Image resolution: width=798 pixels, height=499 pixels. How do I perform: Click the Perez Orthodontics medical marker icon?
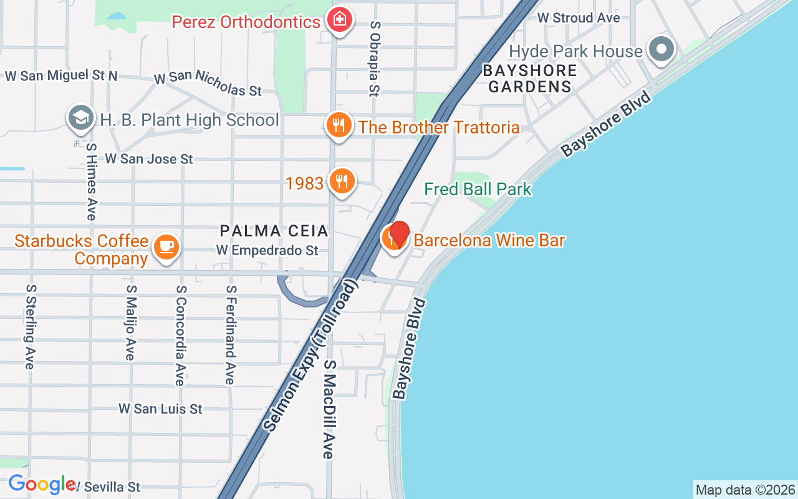[x=339, y=20]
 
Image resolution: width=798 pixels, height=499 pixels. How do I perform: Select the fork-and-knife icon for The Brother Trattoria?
[x=339, y=126]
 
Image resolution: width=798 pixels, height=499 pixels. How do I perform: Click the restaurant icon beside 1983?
[x=341, y=182]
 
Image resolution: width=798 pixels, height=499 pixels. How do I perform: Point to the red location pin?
[x=399, y=235]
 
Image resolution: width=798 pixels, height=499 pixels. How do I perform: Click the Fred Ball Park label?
[x=478, y=189]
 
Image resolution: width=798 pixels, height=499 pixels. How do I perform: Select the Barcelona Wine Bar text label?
[x=489, y=240]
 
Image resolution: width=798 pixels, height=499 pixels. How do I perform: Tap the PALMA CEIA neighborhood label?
[x=274, y=231]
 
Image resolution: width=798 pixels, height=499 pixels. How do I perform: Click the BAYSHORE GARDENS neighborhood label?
[x=530, y=79]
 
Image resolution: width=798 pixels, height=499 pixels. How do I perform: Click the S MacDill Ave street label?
[x=330, y=409]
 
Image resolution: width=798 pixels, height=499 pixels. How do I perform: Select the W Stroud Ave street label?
[x=579, y=17]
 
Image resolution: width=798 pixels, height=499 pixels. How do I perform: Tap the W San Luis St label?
[x=161, y=409]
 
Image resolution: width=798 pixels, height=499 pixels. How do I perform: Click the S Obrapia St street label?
[x=375, y=59]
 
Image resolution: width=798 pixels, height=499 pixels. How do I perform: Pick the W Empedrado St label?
[x=267, y=250]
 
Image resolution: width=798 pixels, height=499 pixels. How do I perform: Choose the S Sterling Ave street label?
[x=29, y=327]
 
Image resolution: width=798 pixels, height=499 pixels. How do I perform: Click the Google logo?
[x=41, y=484]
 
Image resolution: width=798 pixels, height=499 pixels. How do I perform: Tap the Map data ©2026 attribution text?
[x=745, y=490]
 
